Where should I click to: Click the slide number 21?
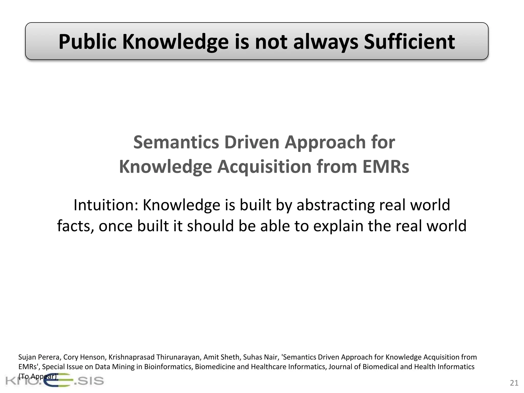click(514, 383)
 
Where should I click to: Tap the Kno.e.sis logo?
click(54, 381)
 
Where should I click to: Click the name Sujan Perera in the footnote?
click(39, 357)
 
